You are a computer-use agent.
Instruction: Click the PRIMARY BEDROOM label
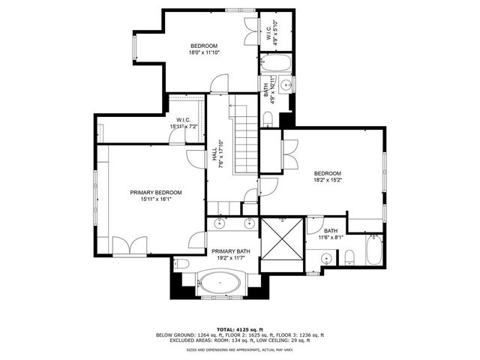(155, 192)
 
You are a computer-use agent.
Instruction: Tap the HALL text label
(214, 156)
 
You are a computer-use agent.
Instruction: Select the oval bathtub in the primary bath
(220, 285)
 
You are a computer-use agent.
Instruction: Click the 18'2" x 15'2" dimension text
(327, 180)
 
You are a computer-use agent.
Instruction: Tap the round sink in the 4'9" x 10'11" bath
(286, 84)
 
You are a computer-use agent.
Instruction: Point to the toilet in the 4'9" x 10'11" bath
(268, 118)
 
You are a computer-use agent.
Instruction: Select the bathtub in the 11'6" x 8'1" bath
(373, 250)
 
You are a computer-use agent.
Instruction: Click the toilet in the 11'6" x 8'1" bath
(350, 257)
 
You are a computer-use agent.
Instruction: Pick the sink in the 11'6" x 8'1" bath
(325, 259)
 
